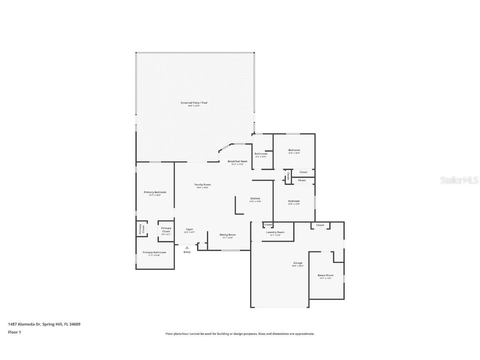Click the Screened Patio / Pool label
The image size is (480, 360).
[194, 102]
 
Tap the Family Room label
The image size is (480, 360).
[202, 185]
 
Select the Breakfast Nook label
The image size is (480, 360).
[237, 161]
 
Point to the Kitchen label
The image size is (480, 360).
[255, 198]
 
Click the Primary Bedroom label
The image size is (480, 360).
[155, 192]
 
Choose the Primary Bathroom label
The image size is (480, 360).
[154, 252]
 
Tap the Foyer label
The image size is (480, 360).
[190, 229]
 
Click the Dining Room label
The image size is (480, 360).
[227, 235]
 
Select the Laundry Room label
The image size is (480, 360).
[275, 232]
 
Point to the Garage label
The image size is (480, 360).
[297, 263]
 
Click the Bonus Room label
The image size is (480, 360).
[325, 275]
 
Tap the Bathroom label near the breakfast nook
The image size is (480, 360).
[261, 154]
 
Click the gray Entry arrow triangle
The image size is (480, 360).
[187, 247]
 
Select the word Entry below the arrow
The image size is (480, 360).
[187, 252]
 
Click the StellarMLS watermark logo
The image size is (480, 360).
[460, 180]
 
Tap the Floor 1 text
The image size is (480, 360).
[14, 332]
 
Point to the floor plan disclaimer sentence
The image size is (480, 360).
[240, 334]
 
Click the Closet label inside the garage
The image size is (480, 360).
[320, 225]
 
